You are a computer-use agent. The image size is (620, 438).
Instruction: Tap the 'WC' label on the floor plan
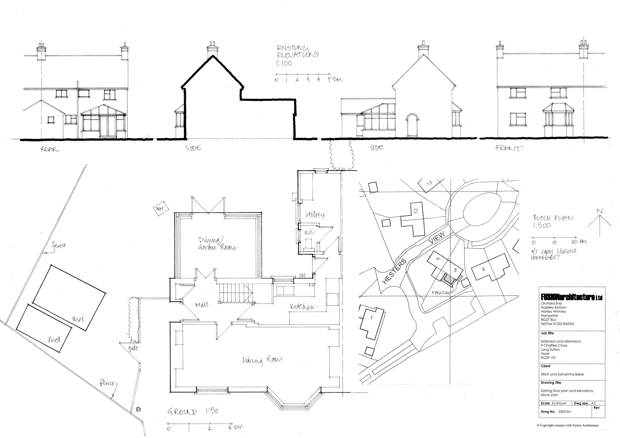pos(310,232)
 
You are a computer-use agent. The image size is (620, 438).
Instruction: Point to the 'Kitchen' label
pos(302,307)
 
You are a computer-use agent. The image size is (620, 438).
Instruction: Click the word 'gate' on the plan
pos(133,348)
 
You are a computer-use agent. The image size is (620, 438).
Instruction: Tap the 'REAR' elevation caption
pos(49,149)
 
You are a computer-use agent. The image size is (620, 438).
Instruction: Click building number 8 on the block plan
pos(483,269)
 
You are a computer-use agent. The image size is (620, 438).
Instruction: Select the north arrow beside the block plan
pos(600,219)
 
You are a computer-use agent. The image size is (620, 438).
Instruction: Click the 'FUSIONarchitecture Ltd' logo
pos(571,297)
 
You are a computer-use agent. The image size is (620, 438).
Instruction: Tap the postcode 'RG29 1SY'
pos(548,358)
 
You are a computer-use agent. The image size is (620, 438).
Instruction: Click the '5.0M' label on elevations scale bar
pos(335,80)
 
